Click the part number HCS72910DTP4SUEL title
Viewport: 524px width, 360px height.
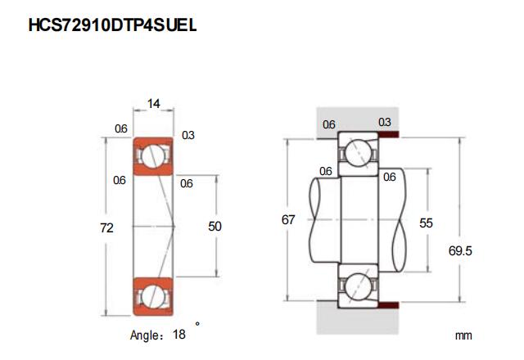click(112, 25)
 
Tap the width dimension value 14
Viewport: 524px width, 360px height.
click(153, 104)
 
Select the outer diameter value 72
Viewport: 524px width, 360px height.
click(107, 228)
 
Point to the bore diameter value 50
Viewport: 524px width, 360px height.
click(215, 227)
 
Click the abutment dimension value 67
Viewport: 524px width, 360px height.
click(288, 220)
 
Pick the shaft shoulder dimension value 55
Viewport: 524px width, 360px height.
click(426, 223)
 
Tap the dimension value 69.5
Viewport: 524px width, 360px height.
click(460, 251)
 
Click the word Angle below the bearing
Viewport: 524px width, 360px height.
click(144, 335)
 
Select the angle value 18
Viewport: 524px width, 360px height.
click(179, 334)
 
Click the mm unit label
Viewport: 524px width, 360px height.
click(463, 335)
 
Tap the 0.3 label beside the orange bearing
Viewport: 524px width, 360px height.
click(188, 135)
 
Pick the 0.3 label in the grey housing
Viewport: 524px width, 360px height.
click(384, 122)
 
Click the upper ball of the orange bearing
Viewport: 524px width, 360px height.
click(153, 155)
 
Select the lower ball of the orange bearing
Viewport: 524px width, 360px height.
click(153, 296)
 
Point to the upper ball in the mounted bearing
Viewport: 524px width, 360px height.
click(358, 153)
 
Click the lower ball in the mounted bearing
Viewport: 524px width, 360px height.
click(358, 286)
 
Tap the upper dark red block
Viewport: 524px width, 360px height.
click(389, 134)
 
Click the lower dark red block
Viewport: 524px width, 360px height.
click(389, 305)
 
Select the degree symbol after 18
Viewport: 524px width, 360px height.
click(197, 324)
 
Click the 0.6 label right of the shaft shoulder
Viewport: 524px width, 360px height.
click(390, 177)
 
